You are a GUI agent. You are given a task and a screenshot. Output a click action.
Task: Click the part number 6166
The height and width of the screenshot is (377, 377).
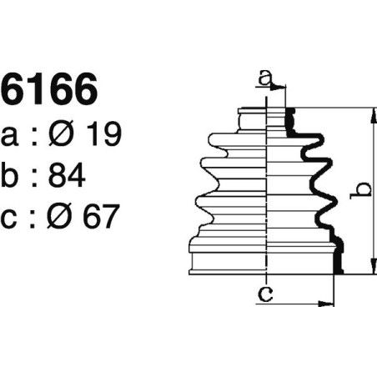(x=49, y=91)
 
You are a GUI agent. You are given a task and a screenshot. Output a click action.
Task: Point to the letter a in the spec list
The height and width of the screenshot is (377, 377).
(x=12, y=135)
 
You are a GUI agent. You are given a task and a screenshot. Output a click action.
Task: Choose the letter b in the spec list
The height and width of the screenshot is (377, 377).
(x=12, y=175)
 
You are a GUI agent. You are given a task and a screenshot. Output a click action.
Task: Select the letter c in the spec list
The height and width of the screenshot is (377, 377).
(x=12, y=219)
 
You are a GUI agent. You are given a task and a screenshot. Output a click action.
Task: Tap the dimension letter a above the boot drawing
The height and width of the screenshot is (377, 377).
(x=264, y=78)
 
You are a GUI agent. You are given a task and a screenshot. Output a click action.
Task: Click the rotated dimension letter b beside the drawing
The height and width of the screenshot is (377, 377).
(x=360, y=190)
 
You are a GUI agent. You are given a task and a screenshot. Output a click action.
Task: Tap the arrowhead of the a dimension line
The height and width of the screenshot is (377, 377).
(x=281, y=87)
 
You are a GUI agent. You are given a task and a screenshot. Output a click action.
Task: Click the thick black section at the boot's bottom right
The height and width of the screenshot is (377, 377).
(x=338, y=259)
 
